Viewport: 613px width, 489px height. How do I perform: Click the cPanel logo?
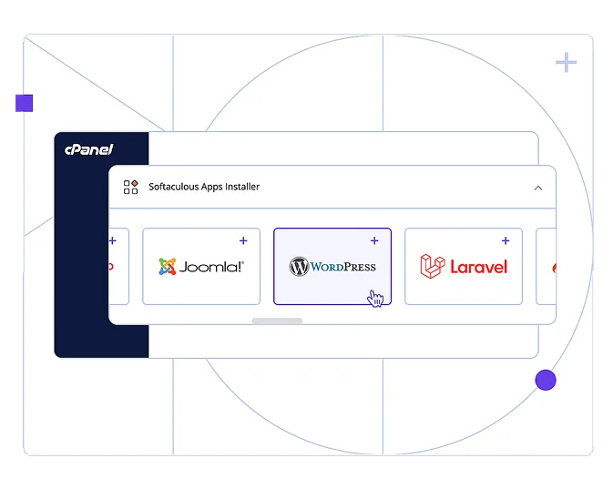[88, 149]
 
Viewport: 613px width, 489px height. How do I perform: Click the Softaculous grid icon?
[130, 187]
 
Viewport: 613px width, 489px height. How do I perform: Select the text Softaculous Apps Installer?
[204, 187]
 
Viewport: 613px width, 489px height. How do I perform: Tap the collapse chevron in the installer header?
[537, 188]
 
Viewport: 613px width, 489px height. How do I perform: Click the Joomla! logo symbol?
[167, 267]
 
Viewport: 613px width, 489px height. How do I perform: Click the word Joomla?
[211, 267]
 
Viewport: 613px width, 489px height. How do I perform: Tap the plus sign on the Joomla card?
[243, 240]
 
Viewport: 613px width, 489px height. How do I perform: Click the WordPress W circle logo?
[299, 267]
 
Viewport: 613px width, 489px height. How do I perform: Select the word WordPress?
[342, 267]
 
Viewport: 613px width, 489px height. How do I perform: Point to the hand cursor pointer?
[375, 298]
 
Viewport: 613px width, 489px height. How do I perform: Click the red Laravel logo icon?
[432, 266]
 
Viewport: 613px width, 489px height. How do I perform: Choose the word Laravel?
[478, 267]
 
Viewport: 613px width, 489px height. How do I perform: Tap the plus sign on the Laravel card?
[506, 240]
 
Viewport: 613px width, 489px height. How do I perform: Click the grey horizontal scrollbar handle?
[277, 321]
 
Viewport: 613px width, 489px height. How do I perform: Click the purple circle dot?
[546, 380]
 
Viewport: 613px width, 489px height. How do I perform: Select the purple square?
[24, 103]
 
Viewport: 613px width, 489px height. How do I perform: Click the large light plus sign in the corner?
[567, 62]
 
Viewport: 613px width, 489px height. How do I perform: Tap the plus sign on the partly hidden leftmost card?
[113, 240]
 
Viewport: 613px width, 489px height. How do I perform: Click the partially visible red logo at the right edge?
[553, 267]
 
